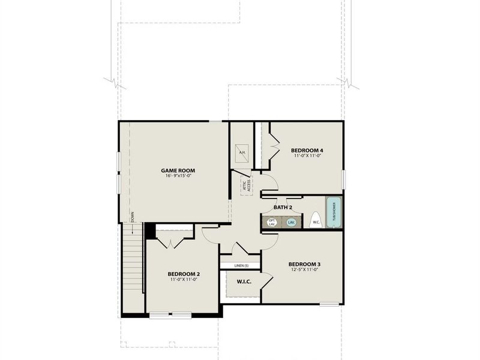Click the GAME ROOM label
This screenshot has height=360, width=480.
pyautogui.click(x=178, y=170)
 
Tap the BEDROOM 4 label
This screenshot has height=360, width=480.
pyautogui.click(x=307, y=150)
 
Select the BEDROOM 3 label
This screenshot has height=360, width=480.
pyautogui.click(x=304, y=264)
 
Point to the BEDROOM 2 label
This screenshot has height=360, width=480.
pyautogui.click(x=184, y=274)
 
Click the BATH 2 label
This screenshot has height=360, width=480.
pyautogui.click(x=283, y=208)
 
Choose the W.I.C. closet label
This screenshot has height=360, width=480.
pyautogui.click(x=244, y=281)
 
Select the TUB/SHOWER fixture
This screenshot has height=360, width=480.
pyautogui.click(x=334, y=212)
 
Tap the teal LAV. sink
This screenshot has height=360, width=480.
pyautogui.click(x=292, y=223)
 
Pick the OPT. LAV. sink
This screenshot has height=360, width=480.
pyautogui.click(x=272, y=223)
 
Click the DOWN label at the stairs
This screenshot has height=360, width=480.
pyautogui.click(x=133, y=217)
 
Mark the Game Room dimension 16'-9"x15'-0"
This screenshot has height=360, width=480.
pyautogui.click(x=178, y=176)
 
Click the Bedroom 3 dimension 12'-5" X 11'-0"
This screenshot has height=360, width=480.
pyautogui.click(x=304, y=270)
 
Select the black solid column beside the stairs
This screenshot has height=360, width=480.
pyautogui.click(x=150, y=231)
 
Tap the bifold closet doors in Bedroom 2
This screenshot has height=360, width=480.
pyautogui.click(x=172, y=242)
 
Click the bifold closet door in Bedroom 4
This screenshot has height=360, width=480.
pyautogui.click(x=275, y=144)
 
